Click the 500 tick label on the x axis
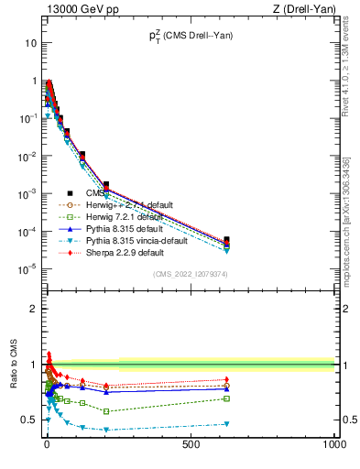pos(191,442)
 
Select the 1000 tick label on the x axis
pos(333,442)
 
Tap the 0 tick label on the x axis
pos(46,442)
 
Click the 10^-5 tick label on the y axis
pos(28,268)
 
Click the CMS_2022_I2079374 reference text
pos(191,273)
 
